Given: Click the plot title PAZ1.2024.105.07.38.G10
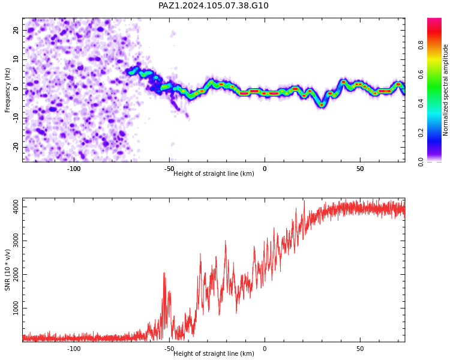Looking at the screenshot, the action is click(x=213, y=6).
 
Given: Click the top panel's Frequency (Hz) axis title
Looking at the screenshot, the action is click(x=7, y=90).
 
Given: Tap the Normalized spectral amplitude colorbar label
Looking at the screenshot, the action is click(x=445, y=90).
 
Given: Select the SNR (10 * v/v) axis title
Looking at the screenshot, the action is click(x=7, y=270).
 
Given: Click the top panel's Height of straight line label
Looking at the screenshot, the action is click(x=214, y=173).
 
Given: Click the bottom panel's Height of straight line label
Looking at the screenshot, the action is click(x=214, y=353).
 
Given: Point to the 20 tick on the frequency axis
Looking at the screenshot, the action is click(x=16, y=30).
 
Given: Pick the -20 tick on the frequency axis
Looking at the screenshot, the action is click(x=16, y=147).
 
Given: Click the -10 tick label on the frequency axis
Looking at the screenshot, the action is click(x=16, y=118).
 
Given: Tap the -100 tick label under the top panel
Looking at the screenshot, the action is click(x=74, y=169).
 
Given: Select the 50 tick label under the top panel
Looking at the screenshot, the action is click(x=360, y=169).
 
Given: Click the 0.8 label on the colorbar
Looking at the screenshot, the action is click(x=421, y=45).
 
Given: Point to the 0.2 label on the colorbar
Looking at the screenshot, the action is click(x=421, y=133).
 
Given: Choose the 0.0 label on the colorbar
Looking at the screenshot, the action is click(x=421, y=162).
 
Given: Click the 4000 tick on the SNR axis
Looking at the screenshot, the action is click(x=16, y=206).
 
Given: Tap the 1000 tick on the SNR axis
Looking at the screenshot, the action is click(x=16, y=308).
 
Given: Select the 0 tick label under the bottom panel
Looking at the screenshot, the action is click(x=265, y=349).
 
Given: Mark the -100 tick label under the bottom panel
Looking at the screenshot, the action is click(x=74, y=349).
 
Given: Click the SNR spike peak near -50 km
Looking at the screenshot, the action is click(x=164, y=273).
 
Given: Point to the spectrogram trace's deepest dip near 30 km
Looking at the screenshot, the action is click(x=322, y=105).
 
